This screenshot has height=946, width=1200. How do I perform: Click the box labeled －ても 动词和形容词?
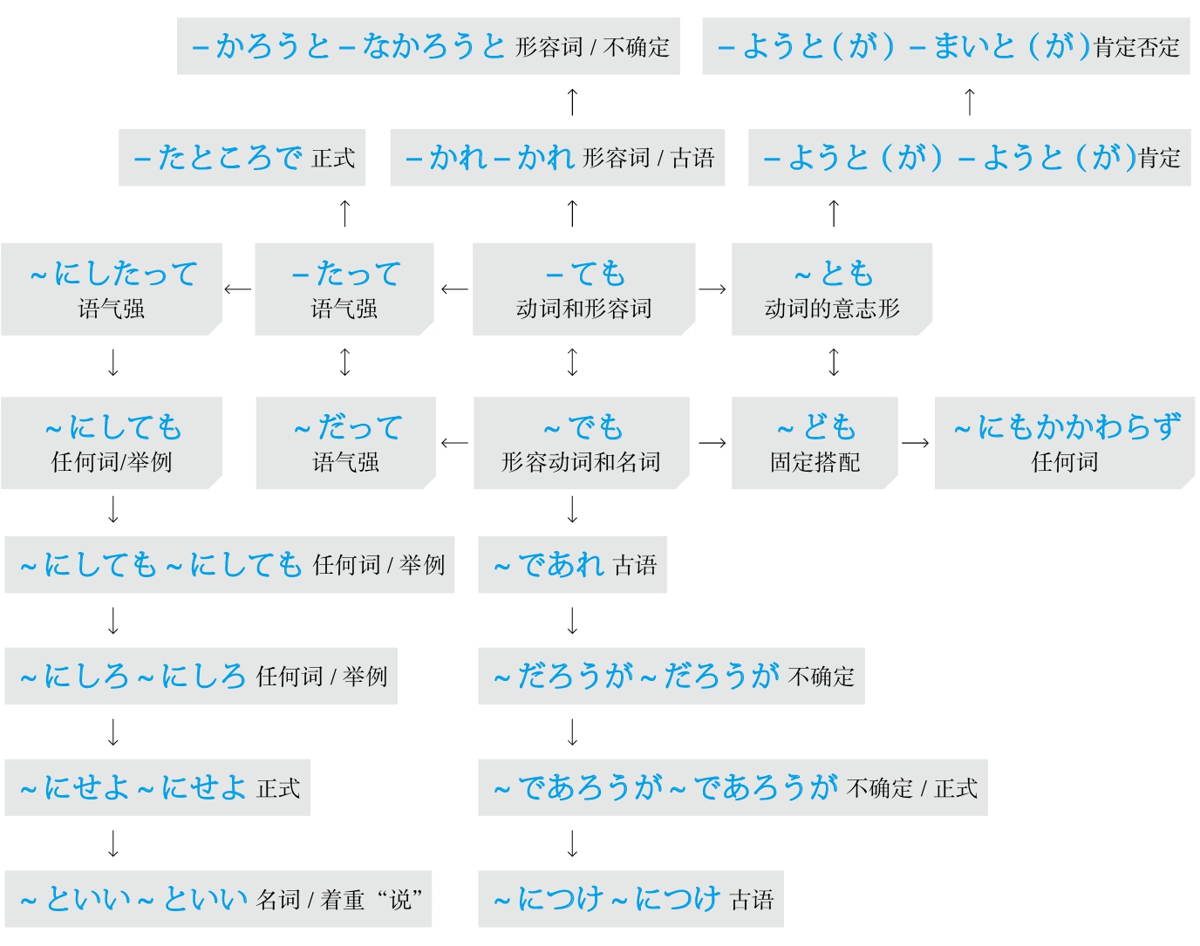tap(583, 289)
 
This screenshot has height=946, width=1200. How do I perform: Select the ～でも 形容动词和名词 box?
tap(581, 443)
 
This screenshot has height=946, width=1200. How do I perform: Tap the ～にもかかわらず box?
tap(1064, 443)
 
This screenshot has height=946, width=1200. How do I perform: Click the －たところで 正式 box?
tap(242, 158)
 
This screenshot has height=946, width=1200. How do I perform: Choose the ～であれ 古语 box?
tap(572, 565)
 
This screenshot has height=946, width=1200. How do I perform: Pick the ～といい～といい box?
tap(218, 899)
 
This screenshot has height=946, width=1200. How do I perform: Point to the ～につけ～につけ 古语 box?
tap(631, 899)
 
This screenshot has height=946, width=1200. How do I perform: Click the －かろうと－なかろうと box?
tap(428, 46)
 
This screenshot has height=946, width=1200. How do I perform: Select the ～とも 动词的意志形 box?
tap(831, 289)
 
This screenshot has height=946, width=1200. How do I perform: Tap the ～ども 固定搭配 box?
tap(815, 443)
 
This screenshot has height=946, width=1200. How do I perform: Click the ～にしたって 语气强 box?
tap(112, 289)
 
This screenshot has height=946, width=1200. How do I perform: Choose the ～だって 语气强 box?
tap(345, 443)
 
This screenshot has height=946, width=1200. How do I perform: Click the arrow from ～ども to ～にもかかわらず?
tap(916, 443)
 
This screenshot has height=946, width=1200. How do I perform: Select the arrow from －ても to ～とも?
tap(712, 289)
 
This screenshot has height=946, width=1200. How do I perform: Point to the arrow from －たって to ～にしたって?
tap(238, 289)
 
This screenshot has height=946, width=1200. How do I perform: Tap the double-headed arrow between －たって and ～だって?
tap(345, 362)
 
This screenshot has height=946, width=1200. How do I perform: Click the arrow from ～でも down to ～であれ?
tap(572, 509)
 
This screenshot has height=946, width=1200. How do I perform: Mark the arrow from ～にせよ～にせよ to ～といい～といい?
tap(113, 844)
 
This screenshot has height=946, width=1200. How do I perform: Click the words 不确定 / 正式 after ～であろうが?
tap(912, 789)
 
